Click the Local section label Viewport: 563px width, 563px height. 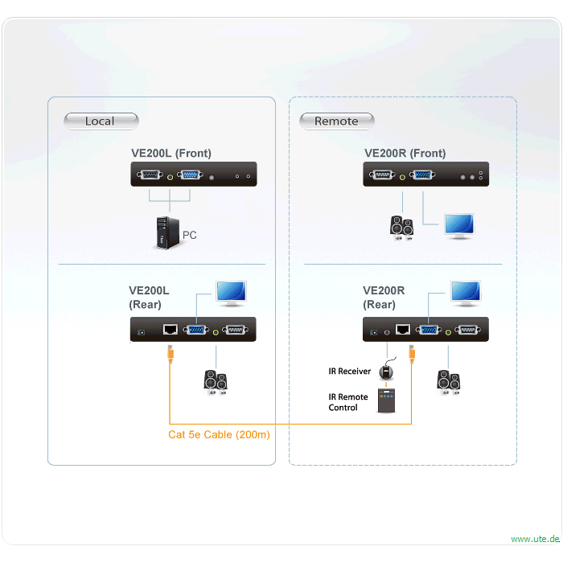(x=100, y=121)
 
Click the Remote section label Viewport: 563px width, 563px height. (x=336, y=121)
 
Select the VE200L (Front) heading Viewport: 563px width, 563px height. (x=171, y=153)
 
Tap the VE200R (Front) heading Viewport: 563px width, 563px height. (x=405, y=153)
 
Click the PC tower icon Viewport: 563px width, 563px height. (x=165, y=232)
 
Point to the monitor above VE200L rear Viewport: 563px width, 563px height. (x=232, y=293)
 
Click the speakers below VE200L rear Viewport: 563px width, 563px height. (x=215, y=381)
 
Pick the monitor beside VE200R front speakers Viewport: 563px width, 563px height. (x=460, y=226)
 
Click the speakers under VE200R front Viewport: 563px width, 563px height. (x=402, y=227)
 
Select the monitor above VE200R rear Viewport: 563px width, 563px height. (x=466, y=293)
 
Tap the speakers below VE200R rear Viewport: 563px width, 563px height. (x=448, y=381)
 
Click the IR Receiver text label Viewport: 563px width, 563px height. (x=349, y=372)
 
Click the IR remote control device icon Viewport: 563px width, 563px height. (x=388, y=401)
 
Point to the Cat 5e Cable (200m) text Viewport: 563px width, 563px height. (x=219, y=435)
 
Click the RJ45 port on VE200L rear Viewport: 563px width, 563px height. (x=171, y=330)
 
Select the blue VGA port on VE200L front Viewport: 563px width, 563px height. (x=191, y=175)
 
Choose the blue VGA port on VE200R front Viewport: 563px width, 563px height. (x=421, y=175)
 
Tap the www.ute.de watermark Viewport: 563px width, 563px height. (x=535, y=539)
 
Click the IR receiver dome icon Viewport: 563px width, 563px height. (x=388, y=371)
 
